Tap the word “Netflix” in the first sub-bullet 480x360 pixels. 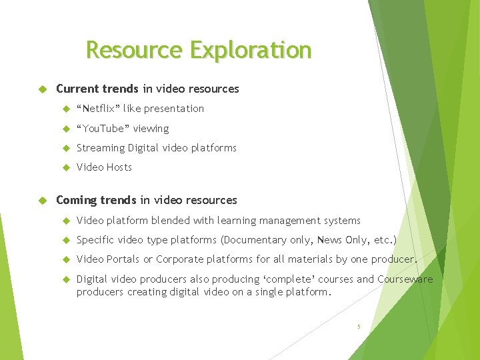click(98, 109)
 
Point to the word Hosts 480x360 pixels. click(119, 167)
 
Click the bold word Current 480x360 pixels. click(76, 89)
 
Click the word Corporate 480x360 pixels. click(181, 259)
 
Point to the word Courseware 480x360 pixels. click(405, 279)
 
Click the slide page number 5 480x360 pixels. click(358, 327)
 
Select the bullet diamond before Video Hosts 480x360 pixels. click(66, 167)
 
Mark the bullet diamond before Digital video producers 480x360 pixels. click(66, 279)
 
